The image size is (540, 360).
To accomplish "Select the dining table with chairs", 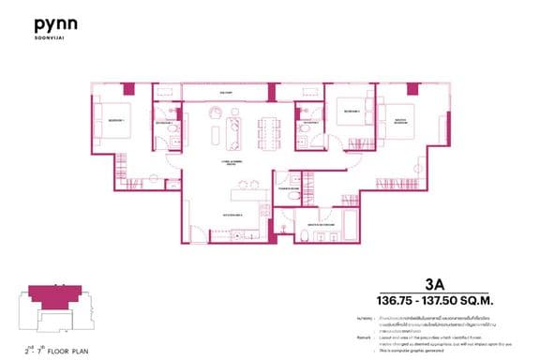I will pyautogui.click(x=271, y=131).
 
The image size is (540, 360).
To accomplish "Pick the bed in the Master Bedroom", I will pyautogui.click(x=394, y=123).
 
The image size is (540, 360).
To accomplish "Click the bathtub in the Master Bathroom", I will pyautogui.click(x=350, y=224).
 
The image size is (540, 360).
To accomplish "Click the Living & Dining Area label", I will pyautogui.click(x=229, y=162).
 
